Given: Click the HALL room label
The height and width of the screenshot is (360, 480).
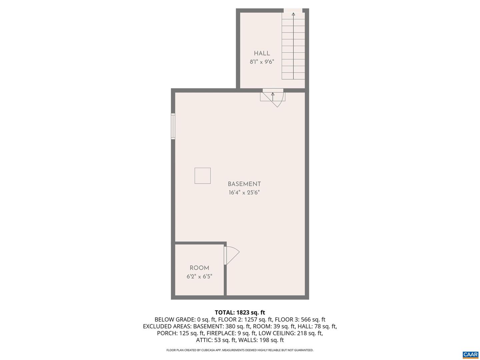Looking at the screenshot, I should click(262, 53).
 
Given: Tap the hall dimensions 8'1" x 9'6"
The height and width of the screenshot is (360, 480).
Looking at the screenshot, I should click(262, 62).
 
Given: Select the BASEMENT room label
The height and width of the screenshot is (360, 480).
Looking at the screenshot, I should click(244, 184).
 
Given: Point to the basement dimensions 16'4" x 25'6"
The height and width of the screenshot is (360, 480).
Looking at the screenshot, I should click(244, 192).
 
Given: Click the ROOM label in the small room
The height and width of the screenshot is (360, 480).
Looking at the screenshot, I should click(199, 268).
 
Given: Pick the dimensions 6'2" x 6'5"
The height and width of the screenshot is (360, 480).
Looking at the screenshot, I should click(199, 276).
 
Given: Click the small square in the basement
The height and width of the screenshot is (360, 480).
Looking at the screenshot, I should click(203, 176).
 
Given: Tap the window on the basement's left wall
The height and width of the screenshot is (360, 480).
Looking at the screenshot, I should click(173, 126).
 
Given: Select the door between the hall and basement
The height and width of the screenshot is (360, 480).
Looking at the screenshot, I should click(273, 97).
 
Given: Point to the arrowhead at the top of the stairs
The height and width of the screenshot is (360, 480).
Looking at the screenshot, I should click(293, 14).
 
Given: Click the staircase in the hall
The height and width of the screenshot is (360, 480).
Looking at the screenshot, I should click(293, 47).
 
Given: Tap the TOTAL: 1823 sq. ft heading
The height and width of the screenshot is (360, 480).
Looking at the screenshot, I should click(240, 312).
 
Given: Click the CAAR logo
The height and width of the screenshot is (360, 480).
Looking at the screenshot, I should click(470, 355).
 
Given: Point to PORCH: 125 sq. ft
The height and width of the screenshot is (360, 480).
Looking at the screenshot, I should click(180, 333).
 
